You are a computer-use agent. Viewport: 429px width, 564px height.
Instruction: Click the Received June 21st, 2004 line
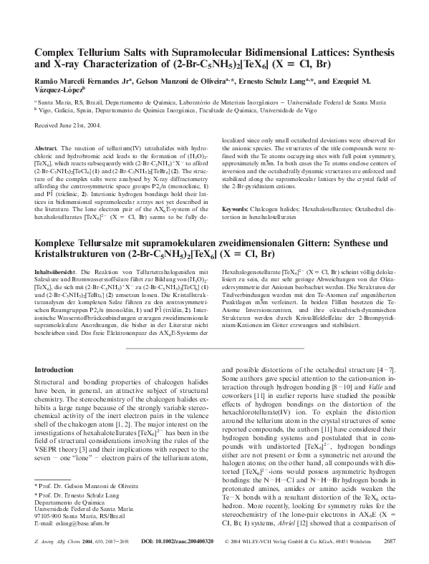[72, 126]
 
